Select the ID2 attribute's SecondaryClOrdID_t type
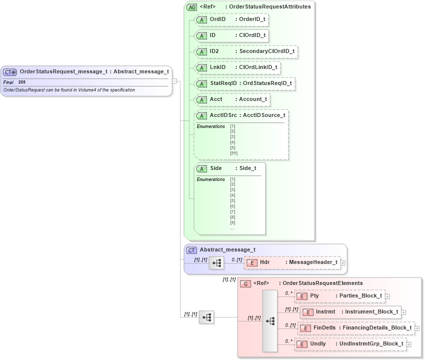click(267, 51)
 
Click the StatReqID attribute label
click(223, 83)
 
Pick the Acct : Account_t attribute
click(232, 99)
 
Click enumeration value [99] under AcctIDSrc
click(233, 153)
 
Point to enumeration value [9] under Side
click(232, 222)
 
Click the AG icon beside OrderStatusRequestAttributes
click(191, 7)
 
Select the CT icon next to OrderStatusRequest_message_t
click(10, 72)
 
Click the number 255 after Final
click(22, 82)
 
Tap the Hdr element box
click(292, 262)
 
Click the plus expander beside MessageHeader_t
click(343, 262)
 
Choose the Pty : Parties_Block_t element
click(339, 296)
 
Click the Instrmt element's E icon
click(307, 312)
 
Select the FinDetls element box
click(356, 328)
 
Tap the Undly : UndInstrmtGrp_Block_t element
click(350, 344)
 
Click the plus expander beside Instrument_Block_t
click(404, 312)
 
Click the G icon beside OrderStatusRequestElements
click(245, 283)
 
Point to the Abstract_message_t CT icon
click(191, 250)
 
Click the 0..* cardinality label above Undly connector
click(288, 341)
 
